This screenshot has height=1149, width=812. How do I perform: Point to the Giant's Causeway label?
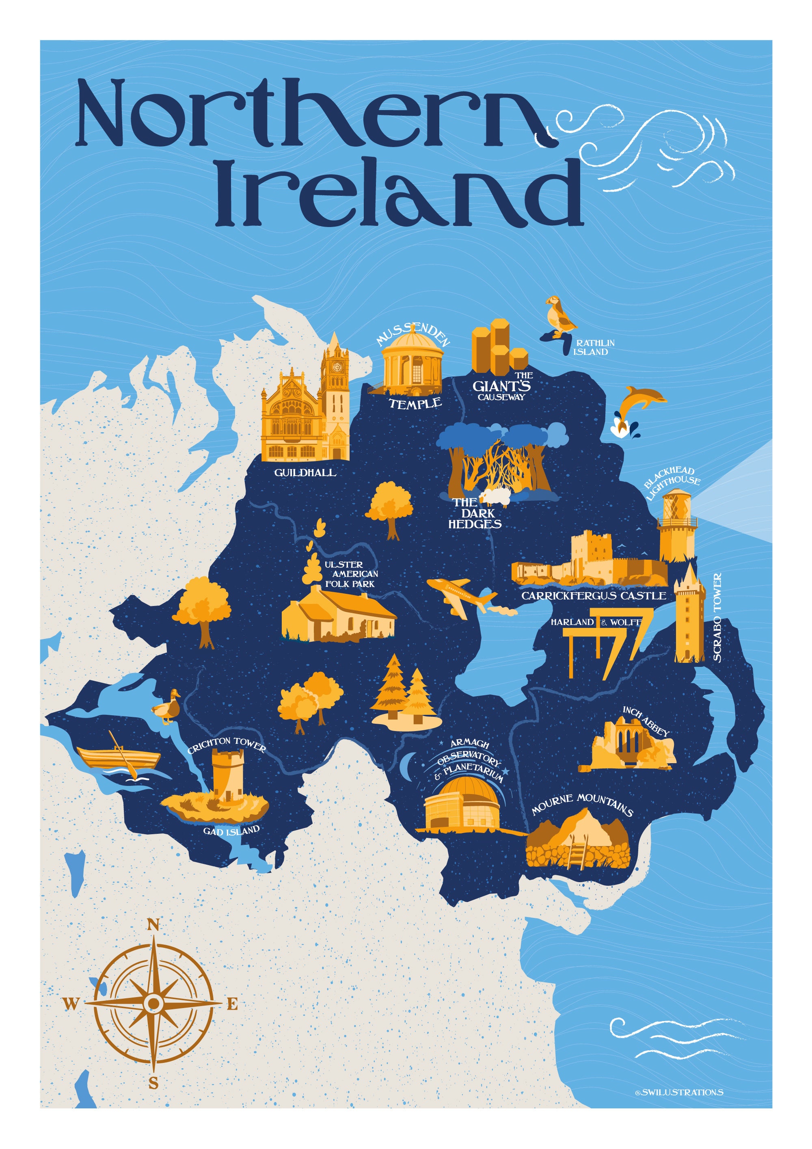[x=502, y=387]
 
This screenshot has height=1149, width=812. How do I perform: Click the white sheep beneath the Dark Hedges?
[x=495, y=496]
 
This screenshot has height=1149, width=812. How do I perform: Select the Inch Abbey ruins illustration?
[x=633, y=746]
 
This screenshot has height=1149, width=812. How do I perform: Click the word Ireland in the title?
[x=400, y=193]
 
